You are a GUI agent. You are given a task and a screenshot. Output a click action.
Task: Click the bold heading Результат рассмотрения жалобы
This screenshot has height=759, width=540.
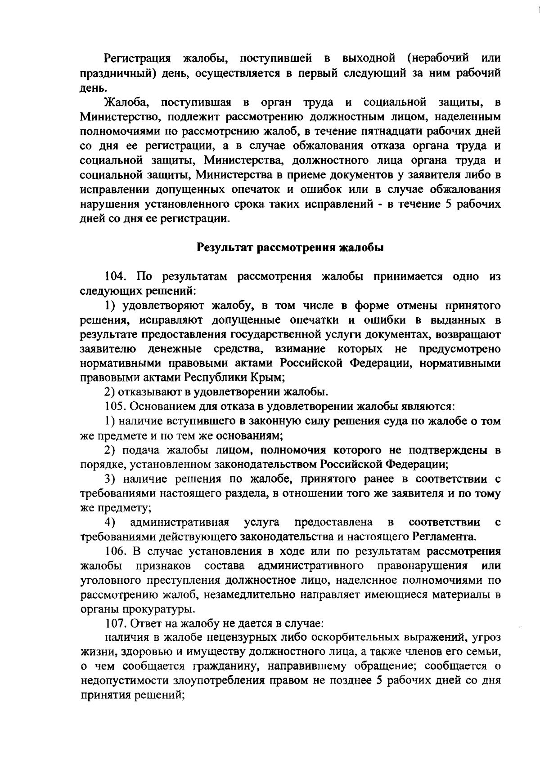pos(290,248)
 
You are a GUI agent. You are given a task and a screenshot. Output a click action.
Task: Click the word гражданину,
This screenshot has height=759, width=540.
pos(222,666)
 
